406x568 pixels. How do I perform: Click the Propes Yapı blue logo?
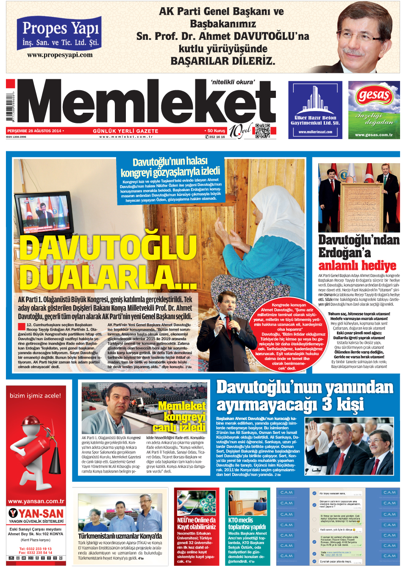[x=59, y=33]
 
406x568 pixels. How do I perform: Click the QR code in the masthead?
[x=262, y=131]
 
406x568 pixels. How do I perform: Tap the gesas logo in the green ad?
[x=373, y=95]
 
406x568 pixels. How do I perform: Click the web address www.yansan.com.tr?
[x=36, y=501]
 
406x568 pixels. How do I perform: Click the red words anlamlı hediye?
[x=357, y=266]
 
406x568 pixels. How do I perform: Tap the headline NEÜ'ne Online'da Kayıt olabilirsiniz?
[x=196, y=523]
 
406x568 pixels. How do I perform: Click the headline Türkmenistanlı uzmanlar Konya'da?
[x=120, y=536]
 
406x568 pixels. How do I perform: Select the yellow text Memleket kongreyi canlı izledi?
[x=182, y=416]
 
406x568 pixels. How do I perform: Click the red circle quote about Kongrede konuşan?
[x=288, y=336]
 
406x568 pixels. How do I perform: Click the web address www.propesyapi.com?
[x=60, y=55]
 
